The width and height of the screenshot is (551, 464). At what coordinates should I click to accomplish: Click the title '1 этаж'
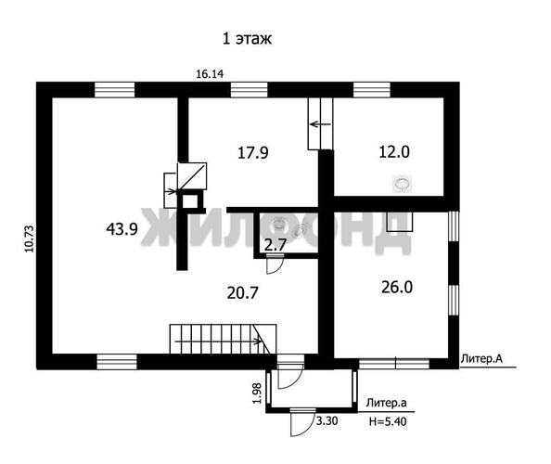(x=245, y=39)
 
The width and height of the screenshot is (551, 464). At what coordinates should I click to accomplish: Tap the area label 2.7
(x=275, y=245)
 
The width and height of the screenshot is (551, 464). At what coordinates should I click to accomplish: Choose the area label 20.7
(x=242, y=292)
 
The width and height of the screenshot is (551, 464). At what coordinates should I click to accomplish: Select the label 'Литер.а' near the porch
(x=386, y=403)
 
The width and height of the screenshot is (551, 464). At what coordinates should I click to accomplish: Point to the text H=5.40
(x=388, y=420)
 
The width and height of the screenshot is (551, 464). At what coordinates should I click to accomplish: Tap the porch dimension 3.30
(x=327, y=420)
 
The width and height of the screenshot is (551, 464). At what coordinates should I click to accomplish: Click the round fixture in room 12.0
(x=403, y=185)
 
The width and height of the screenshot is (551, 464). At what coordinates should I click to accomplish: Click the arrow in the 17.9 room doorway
(x=320, y=123)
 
